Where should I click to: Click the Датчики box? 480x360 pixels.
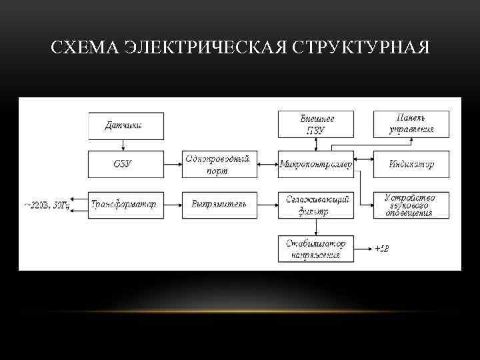(125, 125)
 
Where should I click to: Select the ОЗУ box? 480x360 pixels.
(125, 164)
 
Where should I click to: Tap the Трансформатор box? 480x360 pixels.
(125, 205)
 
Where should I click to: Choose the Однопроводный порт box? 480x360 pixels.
(220, 164)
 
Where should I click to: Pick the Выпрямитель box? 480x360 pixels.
(220, 205)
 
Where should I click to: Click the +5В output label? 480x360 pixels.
(382, 248)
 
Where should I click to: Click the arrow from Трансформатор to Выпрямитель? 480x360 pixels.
(173, 205)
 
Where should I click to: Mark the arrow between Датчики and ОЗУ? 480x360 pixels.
(125, 145)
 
